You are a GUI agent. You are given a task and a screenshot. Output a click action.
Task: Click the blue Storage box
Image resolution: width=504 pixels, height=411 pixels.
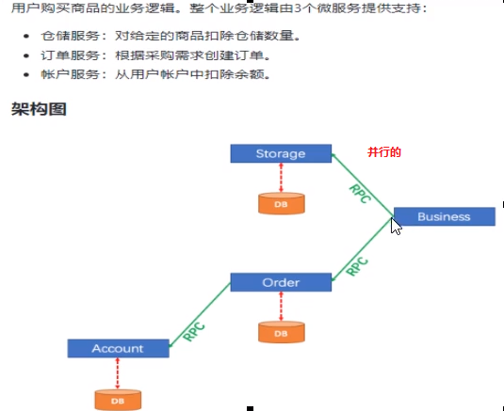(x=281, y=153)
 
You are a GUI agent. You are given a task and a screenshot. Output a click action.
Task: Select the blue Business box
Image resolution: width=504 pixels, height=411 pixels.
(x=445, y=216)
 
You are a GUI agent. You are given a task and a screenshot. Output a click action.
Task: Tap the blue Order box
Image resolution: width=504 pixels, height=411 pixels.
(x=281, y=282)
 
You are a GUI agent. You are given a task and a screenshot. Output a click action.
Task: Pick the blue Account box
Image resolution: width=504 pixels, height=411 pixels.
(x=119, y=348)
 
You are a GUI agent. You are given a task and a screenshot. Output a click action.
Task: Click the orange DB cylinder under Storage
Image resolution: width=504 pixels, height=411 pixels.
(x=282, y=203)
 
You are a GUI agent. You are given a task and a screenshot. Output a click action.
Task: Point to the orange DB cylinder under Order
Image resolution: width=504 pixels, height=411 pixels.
(x=282, y=332)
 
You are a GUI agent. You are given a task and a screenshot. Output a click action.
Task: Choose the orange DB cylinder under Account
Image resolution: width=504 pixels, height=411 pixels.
(x=118, y=400)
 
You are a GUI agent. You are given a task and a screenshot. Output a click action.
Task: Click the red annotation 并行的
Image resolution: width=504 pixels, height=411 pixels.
(x=384, y=152)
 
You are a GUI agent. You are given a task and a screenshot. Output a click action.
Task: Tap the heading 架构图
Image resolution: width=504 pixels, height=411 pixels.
(x=39, y=109)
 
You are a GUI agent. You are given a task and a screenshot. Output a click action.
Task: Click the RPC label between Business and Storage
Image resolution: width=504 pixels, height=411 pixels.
(x=360, y=194)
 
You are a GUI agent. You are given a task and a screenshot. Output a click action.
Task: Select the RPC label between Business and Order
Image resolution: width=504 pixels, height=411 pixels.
(x=357, y=266)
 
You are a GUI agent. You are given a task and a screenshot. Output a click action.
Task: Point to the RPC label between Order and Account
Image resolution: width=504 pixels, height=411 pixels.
(x=194, y=332)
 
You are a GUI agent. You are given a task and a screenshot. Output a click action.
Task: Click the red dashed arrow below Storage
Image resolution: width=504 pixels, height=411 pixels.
(x=282, y=178)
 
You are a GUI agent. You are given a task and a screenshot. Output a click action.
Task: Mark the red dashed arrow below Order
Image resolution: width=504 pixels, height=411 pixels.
(x=282, y=307)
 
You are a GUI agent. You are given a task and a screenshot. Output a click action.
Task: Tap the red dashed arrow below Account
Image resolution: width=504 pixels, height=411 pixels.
(x=118, y=373)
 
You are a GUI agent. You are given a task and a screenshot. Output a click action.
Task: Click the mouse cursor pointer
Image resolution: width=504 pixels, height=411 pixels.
(x=396, y=226)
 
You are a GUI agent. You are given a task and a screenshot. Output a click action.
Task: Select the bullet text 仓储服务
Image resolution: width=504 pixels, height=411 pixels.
(x=70, y=36)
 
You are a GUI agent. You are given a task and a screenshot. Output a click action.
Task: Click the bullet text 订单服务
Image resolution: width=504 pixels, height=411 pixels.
(x=70, y=55)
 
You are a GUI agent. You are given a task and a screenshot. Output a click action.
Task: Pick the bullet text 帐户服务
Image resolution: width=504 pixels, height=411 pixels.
(x=70, y=74)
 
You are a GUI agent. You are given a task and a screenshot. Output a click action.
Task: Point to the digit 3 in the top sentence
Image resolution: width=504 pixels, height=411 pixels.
(x=298, y=8)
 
